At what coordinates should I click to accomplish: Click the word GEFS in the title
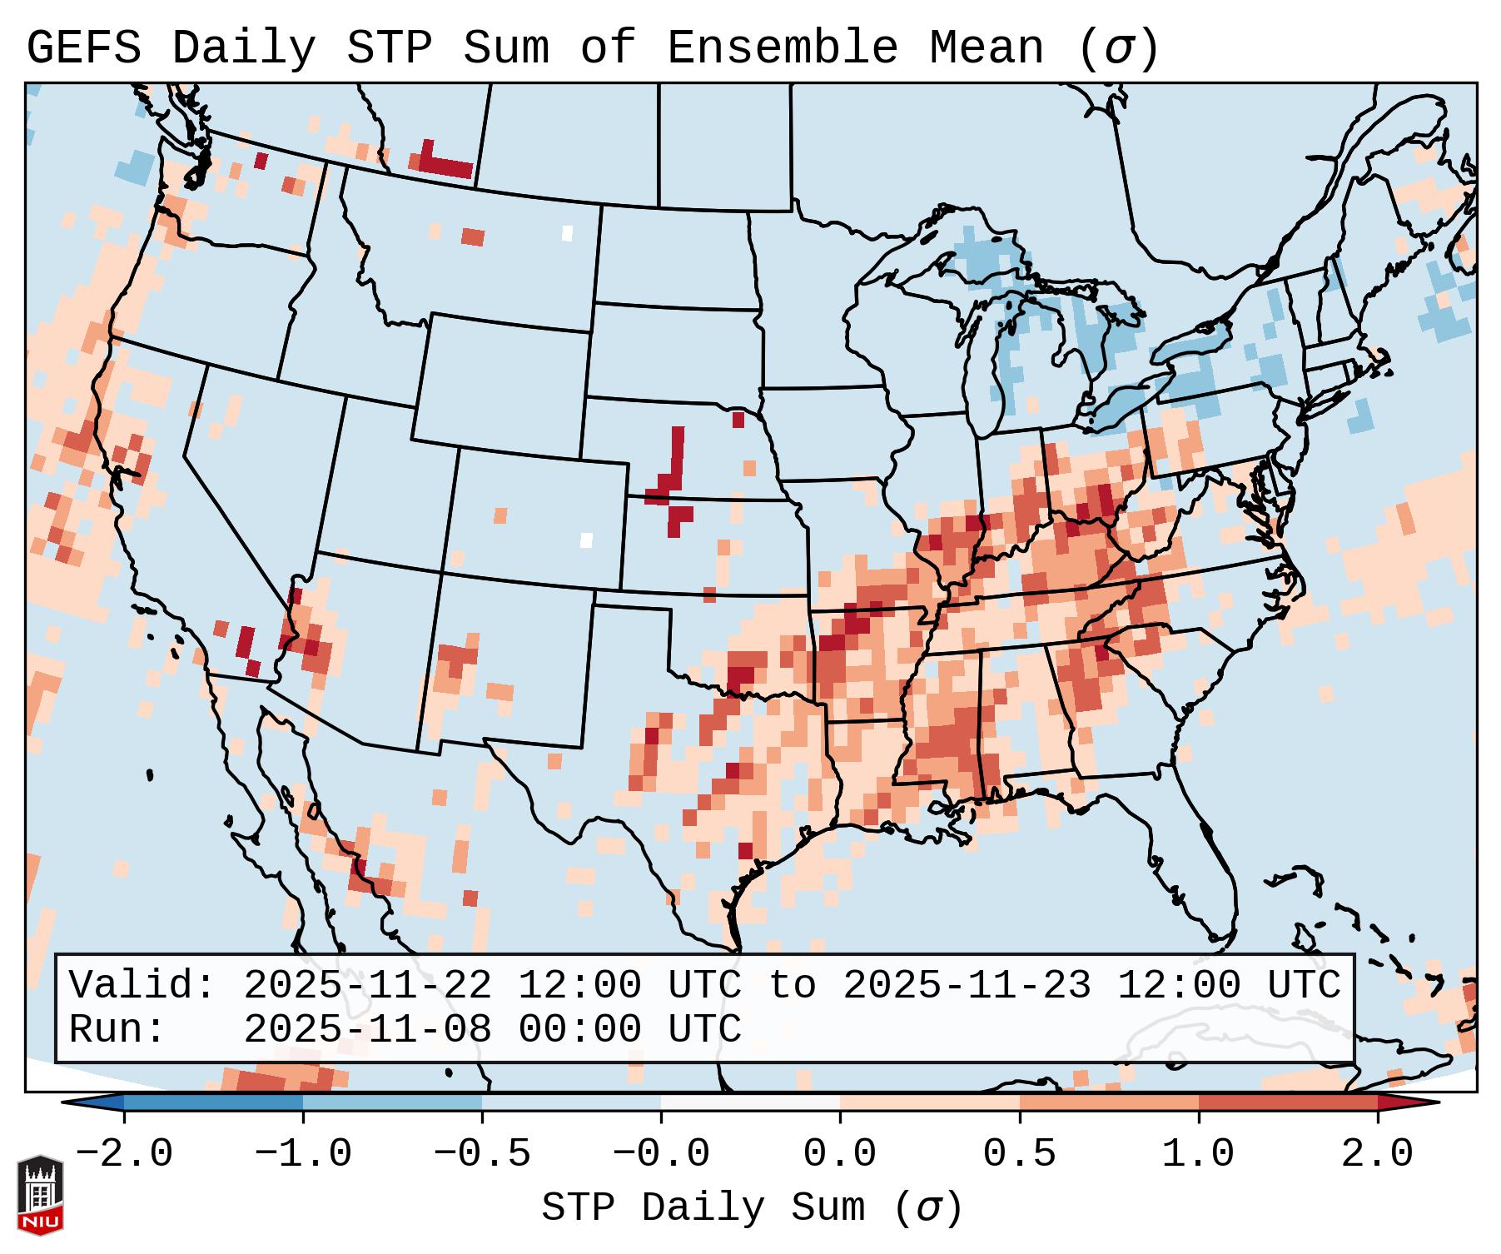tap(83, 48)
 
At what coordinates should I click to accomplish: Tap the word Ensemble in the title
tap(782, 48)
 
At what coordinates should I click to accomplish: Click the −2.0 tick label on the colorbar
tap(124, 1154)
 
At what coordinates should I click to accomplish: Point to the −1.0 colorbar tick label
tap(303, 1154)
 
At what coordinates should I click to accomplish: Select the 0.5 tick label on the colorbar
tap(1019, 1154)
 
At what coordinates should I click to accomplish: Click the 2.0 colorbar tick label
tap(1377, 1154)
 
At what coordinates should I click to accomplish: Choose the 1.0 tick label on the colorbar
tap(1198, 1154)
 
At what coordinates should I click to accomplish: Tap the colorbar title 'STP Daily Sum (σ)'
tap(752, 1208)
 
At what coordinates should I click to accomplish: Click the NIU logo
tap(40, 1195)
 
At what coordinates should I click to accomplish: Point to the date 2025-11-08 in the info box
tap(367, 1029)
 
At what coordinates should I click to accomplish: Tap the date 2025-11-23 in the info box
tap(967, 985)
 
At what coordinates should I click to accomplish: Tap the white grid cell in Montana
tap(568, 233)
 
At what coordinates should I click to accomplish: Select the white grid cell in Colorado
tap(586, 540)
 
